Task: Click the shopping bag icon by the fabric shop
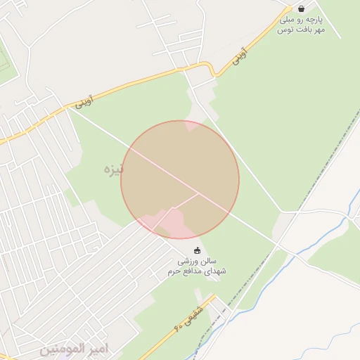point(302,8)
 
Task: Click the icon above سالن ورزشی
point(197,251)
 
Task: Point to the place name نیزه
point(112,169)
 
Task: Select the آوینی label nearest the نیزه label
point(82,103)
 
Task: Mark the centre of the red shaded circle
point(180,180)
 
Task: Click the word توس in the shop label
point(284,30)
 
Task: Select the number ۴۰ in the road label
point(180,326)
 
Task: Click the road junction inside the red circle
point(198,193)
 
